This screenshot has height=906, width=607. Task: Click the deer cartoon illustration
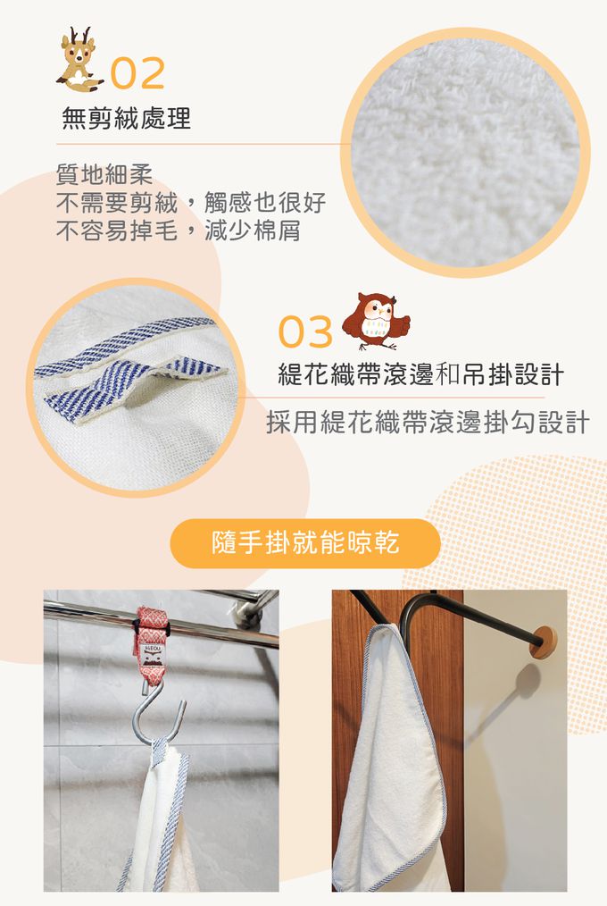click(x=79, y=60)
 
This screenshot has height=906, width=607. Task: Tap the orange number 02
click(x=137, y=73)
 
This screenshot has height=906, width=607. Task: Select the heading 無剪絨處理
click(x=127, y=119)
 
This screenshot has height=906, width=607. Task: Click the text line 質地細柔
click(x=104, y=174)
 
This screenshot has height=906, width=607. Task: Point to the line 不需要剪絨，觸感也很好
click(x=191, y=202)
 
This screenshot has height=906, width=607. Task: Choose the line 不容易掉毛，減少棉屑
click(x=179, y=231)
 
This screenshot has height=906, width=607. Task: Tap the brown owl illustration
click(x=376, y=322)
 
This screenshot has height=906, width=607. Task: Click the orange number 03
click(x=305, y=331)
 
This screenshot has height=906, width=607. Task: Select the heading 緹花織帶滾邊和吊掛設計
click(x=420, y=374)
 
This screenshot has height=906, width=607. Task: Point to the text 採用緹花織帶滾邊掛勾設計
click(x=428, y=422)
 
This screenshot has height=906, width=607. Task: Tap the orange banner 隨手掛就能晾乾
click(x=305, y=543)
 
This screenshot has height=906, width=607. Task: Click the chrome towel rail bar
click(x=161, y=622)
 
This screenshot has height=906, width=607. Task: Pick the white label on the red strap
click(x=152, y=654)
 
